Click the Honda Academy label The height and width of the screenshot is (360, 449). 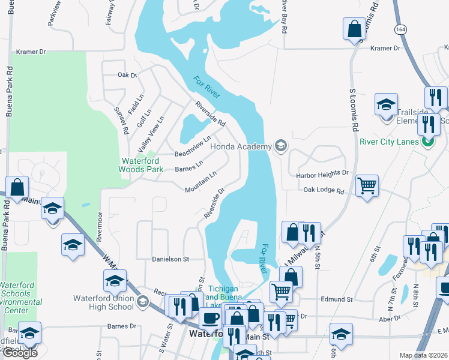(x=241, y=145)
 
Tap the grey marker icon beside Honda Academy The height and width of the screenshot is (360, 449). (x=280, y=145)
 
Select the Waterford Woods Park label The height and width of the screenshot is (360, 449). (x=142, y=165)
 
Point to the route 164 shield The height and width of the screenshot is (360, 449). (x=401, y=29)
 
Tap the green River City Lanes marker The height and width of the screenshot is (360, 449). (x=427, y=142)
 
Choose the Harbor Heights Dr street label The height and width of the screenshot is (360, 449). (x=322, y=173)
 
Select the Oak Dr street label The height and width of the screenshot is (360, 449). (x=127, y=75)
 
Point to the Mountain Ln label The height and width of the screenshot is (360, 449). (x=200, y=182)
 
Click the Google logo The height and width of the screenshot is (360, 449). (x=20, y=353)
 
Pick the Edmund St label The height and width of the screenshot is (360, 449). (x=337, y=299)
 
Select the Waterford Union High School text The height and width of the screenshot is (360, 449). (x=103, y=302)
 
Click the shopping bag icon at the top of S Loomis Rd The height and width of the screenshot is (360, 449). (x=355, y=29)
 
